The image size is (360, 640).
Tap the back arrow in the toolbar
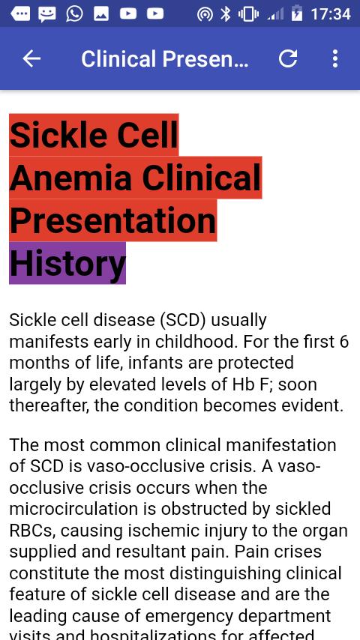point(31,58)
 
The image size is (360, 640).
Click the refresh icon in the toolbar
point(288,58)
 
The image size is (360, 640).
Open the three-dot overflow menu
point(335,58)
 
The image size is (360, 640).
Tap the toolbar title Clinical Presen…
point(165,58)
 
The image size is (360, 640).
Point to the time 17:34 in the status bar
point(330,14)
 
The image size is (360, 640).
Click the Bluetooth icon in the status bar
point(225,14)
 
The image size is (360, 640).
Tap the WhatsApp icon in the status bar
point(74,14)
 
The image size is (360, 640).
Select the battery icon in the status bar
point(297,14)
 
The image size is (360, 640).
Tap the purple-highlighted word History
point(67,263)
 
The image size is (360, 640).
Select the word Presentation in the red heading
point(112,220)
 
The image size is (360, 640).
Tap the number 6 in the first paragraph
point(343,342)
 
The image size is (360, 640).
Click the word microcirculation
point(82,509)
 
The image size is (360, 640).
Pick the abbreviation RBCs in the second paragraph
point(31,530)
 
